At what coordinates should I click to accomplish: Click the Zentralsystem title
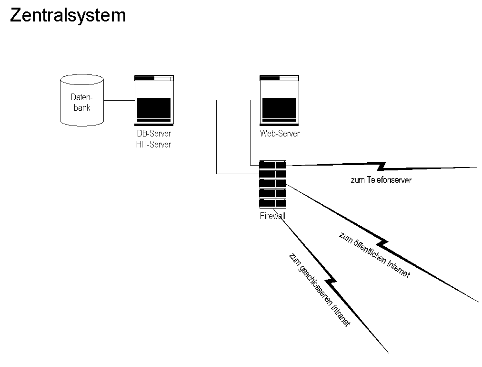click(68, 15)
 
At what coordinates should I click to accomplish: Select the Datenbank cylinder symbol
click(82, 101)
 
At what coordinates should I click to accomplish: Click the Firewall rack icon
click(272, 184)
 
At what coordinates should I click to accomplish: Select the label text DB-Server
click(153, 134)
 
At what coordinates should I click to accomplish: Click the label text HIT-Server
click(153, 144)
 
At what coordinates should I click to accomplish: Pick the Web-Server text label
click(280, 134)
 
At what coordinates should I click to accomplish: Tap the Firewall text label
click(272, 216)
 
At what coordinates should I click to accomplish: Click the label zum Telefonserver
click(381, 180)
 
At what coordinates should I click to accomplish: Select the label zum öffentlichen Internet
click(374, 255)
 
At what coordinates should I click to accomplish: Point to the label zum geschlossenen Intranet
click(320, 289)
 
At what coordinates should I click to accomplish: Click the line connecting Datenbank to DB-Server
click(119, 101)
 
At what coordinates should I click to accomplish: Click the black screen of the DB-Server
click(153, 107)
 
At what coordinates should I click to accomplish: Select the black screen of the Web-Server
click(279, 107)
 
